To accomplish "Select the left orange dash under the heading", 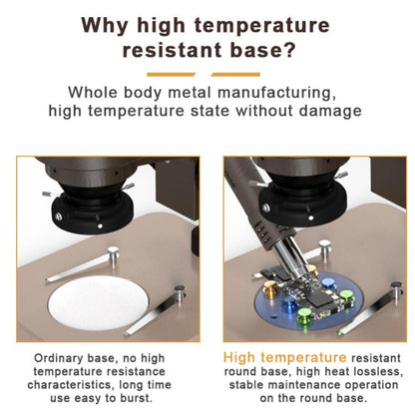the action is [171, 75].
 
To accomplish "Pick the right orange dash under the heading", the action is [235, 75].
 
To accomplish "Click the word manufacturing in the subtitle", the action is [276, 93].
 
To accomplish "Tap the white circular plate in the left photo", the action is [98, 303].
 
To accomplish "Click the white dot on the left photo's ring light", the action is [100, 226].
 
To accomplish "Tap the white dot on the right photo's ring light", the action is [311, 217].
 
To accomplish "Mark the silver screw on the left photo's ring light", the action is [59, 216].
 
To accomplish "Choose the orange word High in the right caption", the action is [239, 358].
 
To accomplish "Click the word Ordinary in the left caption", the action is [58, 358].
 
